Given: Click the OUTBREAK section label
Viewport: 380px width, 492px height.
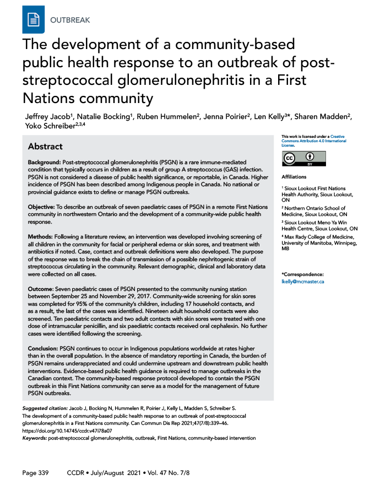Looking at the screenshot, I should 70,20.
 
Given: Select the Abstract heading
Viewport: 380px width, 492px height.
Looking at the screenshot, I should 45,147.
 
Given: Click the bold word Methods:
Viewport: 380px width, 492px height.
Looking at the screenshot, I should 41,236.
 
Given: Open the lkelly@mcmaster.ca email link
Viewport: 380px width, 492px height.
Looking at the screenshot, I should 302,281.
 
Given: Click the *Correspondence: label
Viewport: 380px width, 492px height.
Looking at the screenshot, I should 302,274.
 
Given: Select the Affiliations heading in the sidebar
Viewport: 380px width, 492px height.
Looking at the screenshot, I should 294,177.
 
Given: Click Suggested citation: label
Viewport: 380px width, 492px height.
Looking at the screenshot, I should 45,408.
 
